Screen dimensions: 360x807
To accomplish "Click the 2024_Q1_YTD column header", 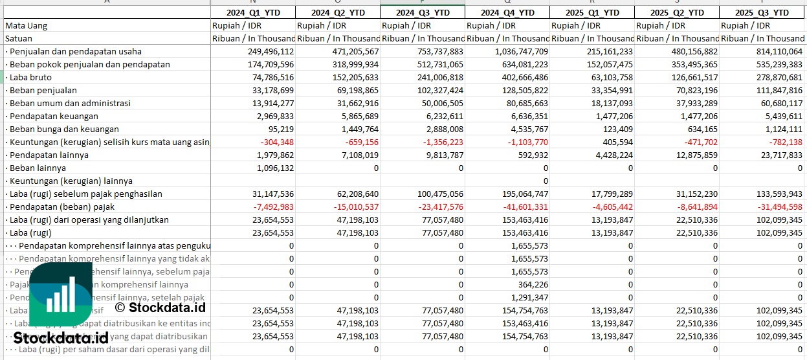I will coord(252,13).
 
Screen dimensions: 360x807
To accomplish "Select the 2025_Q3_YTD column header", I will coord(762,13).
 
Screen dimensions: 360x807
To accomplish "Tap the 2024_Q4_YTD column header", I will coord(507,13).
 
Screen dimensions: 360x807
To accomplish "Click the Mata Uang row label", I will coord(26,26).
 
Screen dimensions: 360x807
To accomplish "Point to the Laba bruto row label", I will coord(30,78).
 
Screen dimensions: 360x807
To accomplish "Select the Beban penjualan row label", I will coord(43,91).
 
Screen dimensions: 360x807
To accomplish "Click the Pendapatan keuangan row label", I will coord(54,117).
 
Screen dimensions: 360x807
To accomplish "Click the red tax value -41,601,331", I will coord(521,207).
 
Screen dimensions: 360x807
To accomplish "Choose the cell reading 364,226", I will coord(531,285).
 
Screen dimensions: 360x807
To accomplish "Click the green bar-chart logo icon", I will coord(61,299).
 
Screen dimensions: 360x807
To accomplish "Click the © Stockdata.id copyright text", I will coord(160,308).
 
